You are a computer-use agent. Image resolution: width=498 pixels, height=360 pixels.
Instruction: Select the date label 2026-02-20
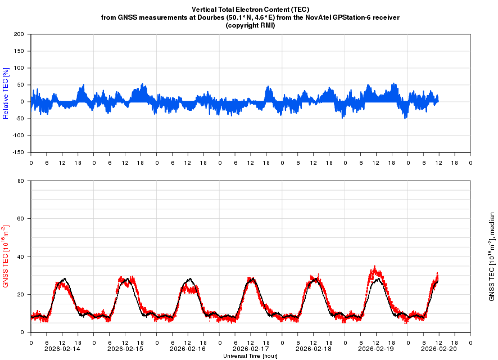pyautogui.click(x=438, y=349)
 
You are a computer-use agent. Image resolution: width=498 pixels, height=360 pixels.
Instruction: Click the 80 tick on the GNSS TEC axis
pyautogui.click(x=20, y=181)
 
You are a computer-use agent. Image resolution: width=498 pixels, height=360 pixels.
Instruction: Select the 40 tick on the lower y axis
pyautogui.click(x=20, y=256)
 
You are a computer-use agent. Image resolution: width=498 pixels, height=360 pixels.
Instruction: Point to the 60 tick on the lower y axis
pyautogui.click(x=20, y=219)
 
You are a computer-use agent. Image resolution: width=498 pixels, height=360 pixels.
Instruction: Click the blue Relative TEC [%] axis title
pyautogui.click(x=6, y=93)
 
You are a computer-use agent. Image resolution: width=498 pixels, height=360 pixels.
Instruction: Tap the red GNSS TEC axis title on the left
pyautogui.click(x=6, y=256)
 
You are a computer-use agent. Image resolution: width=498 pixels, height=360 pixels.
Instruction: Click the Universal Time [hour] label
pyautogui.click(x=250, y=356)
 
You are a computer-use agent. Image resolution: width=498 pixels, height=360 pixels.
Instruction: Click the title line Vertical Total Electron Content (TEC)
pyautogui.click(x=250, y=10)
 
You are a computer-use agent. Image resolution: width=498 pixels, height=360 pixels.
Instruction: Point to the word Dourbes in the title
pyautogui.click(x=239, y=17)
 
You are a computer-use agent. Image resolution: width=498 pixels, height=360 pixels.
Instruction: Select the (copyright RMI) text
pyautogui.click(x=250, y=25)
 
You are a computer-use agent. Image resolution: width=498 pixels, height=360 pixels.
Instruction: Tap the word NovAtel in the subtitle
pyautogui.click(x=321, y=17)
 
